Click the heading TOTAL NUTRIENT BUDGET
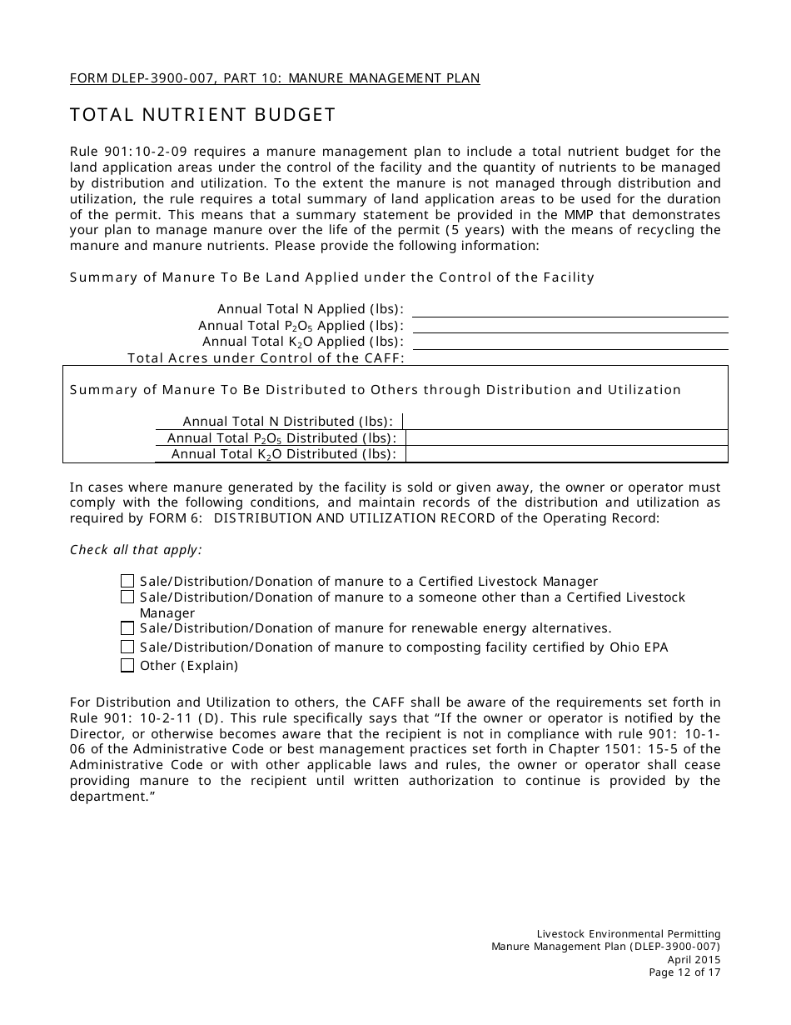pyautogui.click(x=202, y=115)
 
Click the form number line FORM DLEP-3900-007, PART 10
pyautogui.click(x=275, y=78)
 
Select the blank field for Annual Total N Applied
pyautogui.click(x=570, y=308)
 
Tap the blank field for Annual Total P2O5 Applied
pyautogui.click(x=570, y=325)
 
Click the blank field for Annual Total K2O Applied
pyautogui.click(x=570, y=341)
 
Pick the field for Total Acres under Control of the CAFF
pyautogui.click(x=570, y=357)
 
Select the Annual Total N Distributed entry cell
pyautogui.click(x=566, y=421)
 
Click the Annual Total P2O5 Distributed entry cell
pyautogui.click(x=566, y=437)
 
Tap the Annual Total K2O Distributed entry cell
pyautogui.click(x=566, y=454)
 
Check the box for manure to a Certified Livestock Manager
pyautogui.click(x=127, y=581)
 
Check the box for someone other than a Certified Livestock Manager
pyautogui.click(x=127, y=597)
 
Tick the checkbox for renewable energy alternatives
pyautogui.click(x=127, y=628)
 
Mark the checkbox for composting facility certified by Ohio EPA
pyautogui.click(x=127, y=647)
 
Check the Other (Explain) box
pyautogui.click(x=127, y=665)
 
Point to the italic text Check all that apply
pyautogui.click(x=136, y=550)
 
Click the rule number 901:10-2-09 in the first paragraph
pyautogui.click(x=139, y=151)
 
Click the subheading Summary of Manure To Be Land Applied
pyautogui.click(x=331, y=277)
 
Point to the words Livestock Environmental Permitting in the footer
pyautogui.click(x=629, y=933)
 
